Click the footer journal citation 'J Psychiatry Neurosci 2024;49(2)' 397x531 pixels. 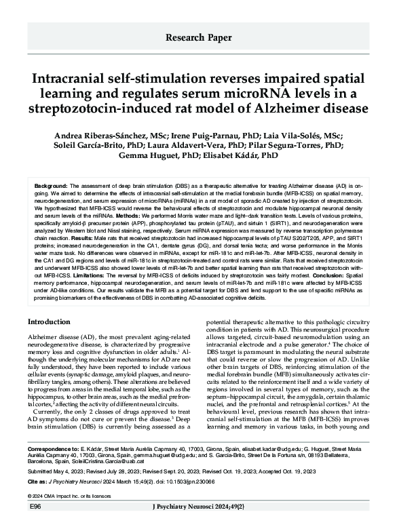[197, 525]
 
